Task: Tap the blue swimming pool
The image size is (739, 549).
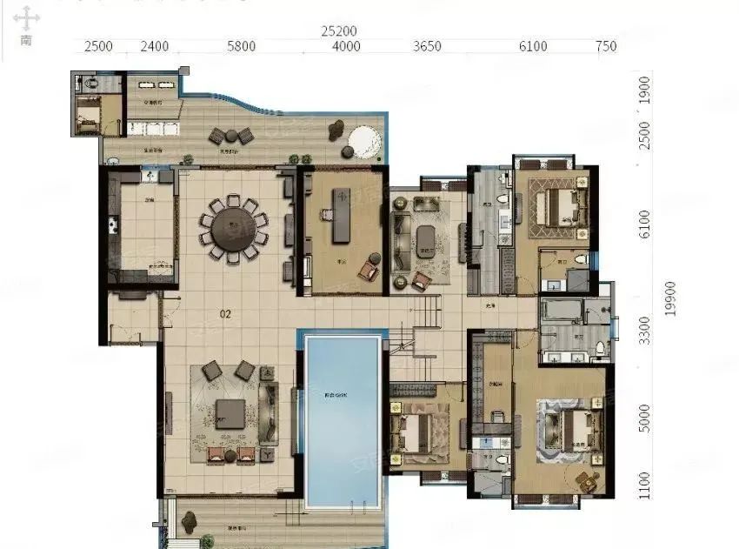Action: point(343,419)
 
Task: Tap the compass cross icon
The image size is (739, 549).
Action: point(26,17)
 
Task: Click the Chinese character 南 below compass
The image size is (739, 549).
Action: point(26,40)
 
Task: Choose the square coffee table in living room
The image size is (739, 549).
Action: point(230,412)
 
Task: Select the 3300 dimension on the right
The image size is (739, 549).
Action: point(643,331)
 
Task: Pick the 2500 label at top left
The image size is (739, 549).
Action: point(98,47)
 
